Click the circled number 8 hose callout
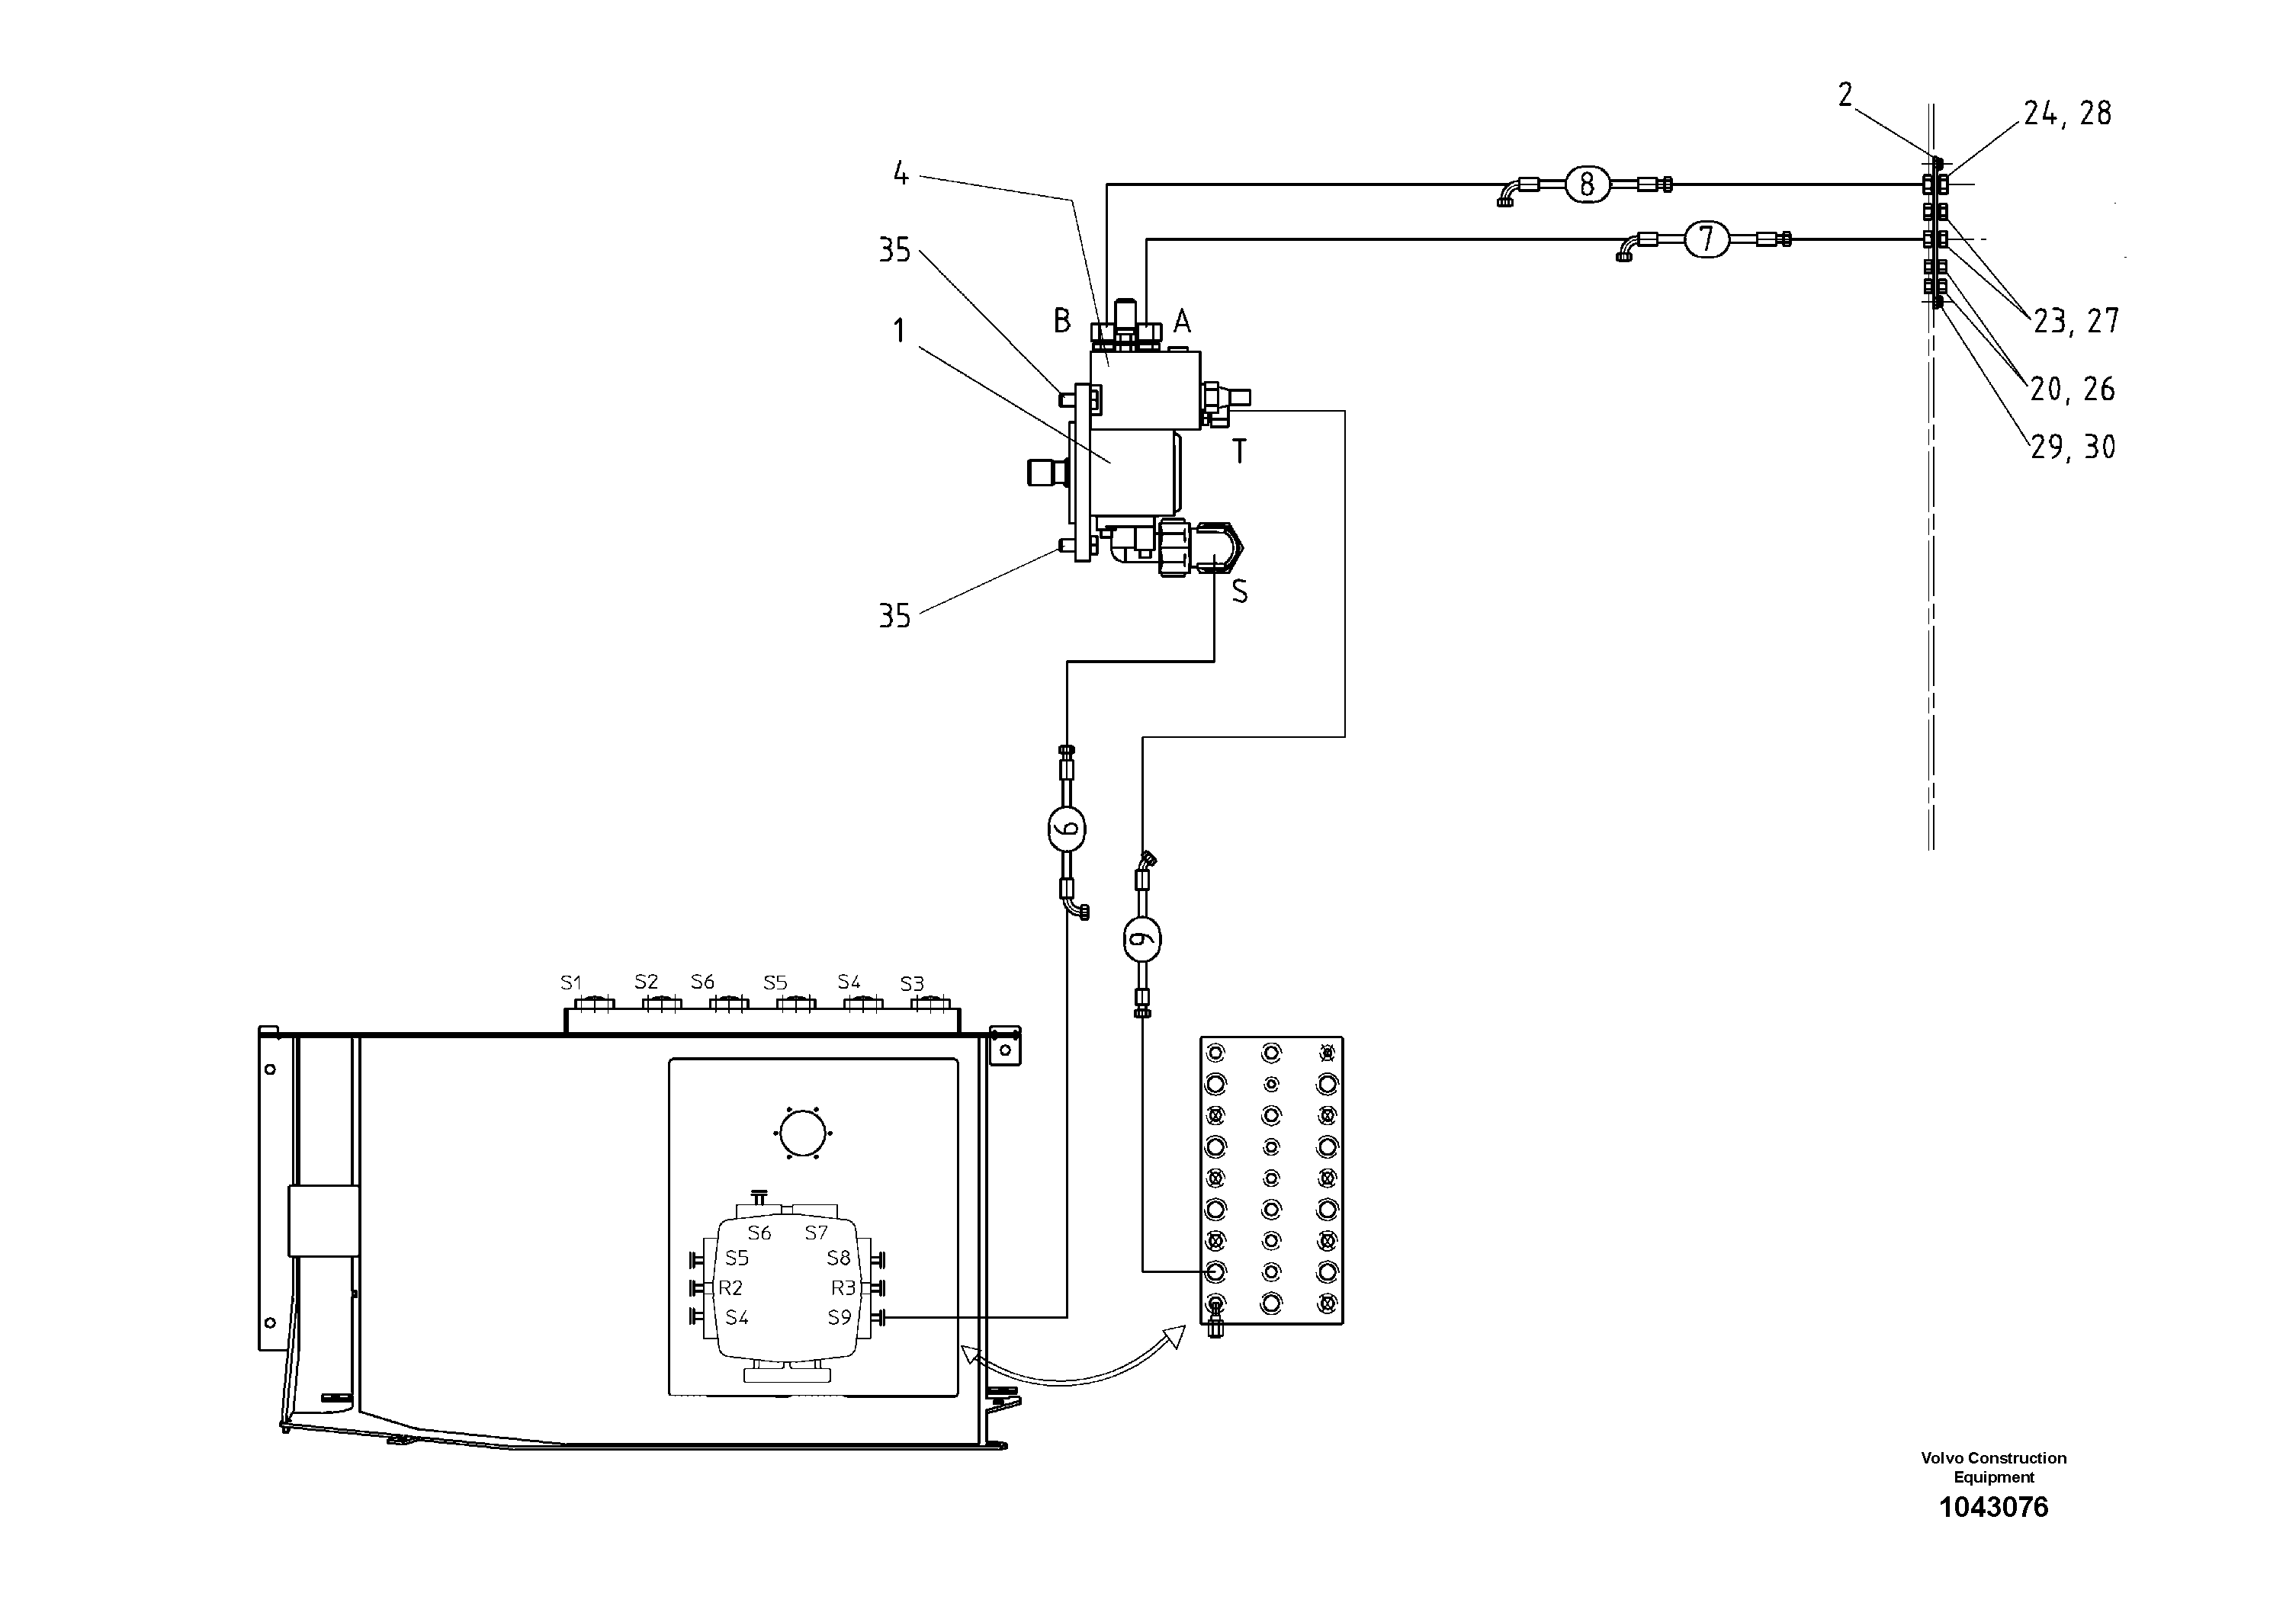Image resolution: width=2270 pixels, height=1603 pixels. [x=1587, y=184]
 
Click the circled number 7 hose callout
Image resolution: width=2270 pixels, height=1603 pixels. [x=1706, y=239]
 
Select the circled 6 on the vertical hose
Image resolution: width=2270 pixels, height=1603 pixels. [x=1067, y=829]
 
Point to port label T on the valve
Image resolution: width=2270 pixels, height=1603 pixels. [x=1239, y=452]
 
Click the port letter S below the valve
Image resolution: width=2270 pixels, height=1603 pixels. [x=1239, y=592]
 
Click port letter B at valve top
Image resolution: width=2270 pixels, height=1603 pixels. [x=1061, y=320]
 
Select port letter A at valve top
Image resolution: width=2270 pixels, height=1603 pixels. [x=1181, y=321]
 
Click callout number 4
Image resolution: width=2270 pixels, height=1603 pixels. [x=900, y=174]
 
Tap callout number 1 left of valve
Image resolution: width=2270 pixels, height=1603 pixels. [x=899, y=331]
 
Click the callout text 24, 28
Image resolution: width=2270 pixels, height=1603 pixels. [x=2066, y=114]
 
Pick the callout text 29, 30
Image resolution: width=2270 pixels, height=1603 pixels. [x=2073, y=447]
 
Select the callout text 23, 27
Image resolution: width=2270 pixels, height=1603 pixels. [x=2076, y=320]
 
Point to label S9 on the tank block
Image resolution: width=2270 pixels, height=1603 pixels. [x=839, y=1317]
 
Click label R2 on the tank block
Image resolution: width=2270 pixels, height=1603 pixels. [x=730, y=1287]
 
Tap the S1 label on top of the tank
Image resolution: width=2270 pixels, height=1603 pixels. [x=570, y=983]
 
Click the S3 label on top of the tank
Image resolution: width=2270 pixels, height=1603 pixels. [x=911, y=983]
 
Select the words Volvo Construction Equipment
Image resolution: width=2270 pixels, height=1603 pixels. [x=1993, y=1467]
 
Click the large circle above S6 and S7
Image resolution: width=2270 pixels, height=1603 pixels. [x=802, y=1133]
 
